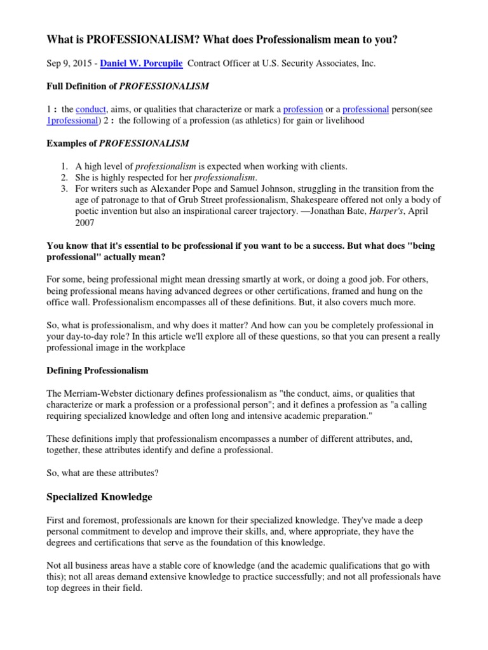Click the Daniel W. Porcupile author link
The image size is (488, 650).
tap(141, 65)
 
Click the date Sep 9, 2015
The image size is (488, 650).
tap(70, 65)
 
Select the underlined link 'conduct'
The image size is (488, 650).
tap(91, 109)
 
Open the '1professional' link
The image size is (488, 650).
tap(72, 120)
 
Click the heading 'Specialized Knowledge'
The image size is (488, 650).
tap(100, 496)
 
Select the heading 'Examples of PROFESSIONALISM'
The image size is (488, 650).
tap(118, 143)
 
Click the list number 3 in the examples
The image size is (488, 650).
tap(64, 189)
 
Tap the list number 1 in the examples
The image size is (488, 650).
tap(64, 166)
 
